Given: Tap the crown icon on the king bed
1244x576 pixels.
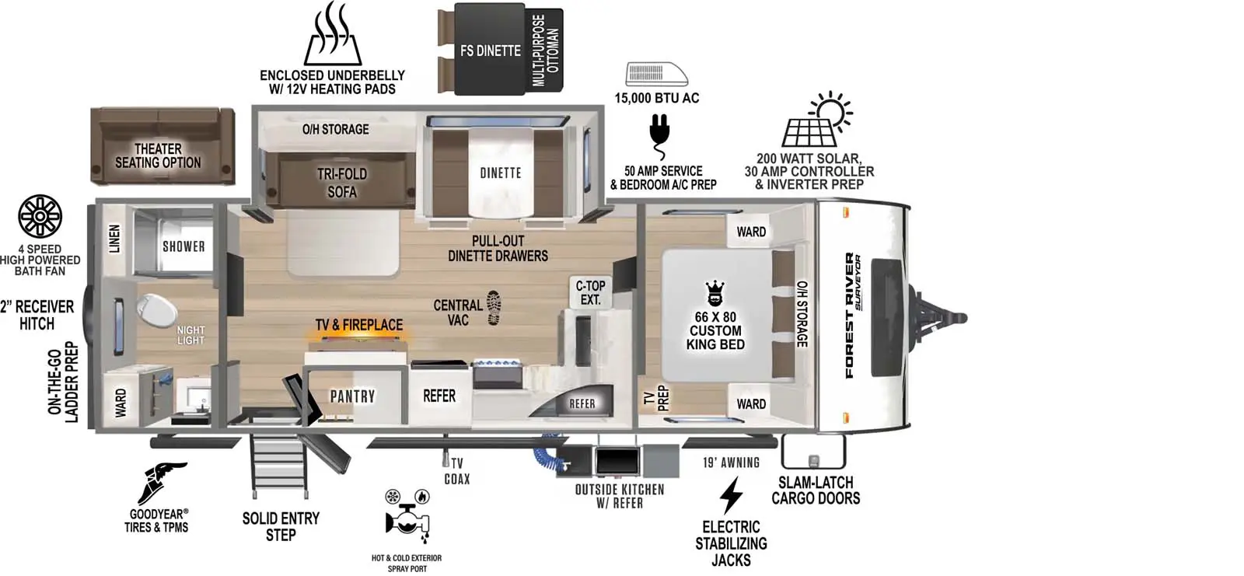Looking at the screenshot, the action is [715, 293].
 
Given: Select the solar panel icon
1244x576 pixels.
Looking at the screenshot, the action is [817, 119].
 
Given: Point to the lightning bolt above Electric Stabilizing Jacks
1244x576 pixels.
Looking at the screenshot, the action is [731, 495].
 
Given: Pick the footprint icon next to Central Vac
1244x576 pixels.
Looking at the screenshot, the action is [494, 307].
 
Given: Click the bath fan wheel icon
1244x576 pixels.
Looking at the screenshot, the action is [40, 217].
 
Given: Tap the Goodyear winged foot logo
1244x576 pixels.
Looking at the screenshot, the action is [162, 482].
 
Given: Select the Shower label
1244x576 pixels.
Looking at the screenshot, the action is [183, 246].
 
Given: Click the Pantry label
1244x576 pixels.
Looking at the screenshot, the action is [353, 396].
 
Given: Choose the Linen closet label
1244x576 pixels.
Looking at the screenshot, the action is [114, 239].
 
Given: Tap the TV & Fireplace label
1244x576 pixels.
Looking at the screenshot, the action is [359, 324].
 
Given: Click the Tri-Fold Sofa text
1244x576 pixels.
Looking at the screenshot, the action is [342, 183].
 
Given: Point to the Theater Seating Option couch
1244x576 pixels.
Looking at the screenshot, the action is [162, 147].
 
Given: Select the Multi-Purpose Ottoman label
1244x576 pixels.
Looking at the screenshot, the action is [545, 51].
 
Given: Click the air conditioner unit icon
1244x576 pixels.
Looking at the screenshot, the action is [657, 75].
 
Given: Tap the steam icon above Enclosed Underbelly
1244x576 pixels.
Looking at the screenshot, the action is [333, 33].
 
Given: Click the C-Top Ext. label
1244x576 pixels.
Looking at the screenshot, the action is [590, 293].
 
